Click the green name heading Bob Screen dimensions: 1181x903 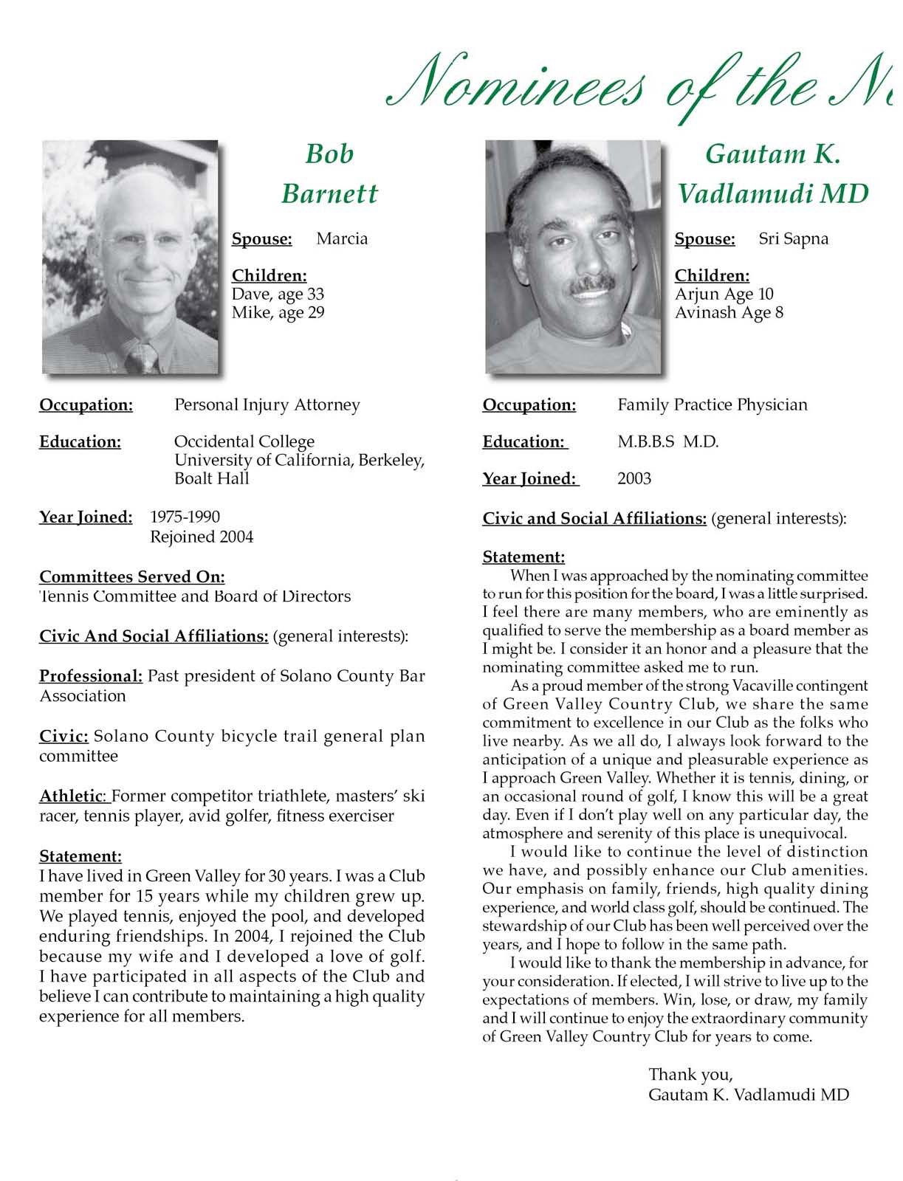(x=329, y=154)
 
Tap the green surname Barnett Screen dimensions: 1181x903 (x=329, y=193)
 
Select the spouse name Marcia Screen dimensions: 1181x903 (x=341, y=238)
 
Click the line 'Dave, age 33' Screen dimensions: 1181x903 (x=278, y=294)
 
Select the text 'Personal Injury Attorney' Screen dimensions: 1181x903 (x=267, y=404)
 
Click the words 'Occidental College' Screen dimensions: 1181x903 (x=244, y=441)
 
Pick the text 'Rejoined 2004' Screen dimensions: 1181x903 (x=202, y=537)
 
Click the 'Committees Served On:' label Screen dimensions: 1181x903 (x=132, y=576)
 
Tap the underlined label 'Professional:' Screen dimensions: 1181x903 (x=90, y=676)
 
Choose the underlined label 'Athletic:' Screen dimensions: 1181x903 (x=74, y=796)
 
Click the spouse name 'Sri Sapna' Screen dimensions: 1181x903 (x=793, y=238)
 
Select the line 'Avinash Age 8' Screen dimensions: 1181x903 (x=729, y=312)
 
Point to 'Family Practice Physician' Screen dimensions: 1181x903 (x=712, y=404)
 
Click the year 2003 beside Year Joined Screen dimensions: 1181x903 (x=634, y=478)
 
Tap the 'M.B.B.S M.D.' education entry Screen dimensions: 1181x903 (x=667, y=441)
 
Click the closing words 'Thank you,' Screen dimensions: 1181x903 (x=690, y=1074)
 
